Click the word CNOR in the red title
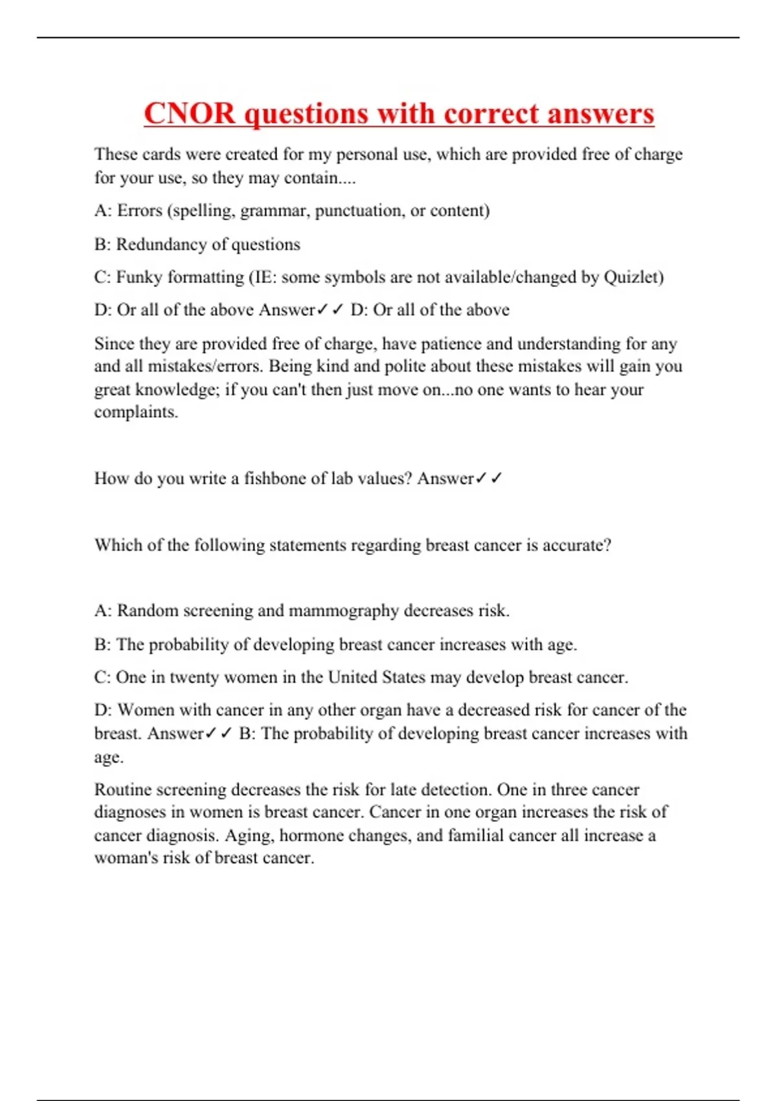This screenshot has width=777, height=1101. point(189,113)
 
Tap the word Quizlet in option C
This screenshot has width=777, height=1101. point(631,277)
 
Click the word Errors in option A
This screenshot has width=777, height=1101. point(139,210)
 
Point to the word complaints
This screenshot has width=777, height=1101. point(135,412)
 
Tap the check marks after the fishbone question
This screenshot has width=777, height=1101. point(489,479)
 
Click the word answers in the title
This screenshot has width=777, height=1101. point(600,113)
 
